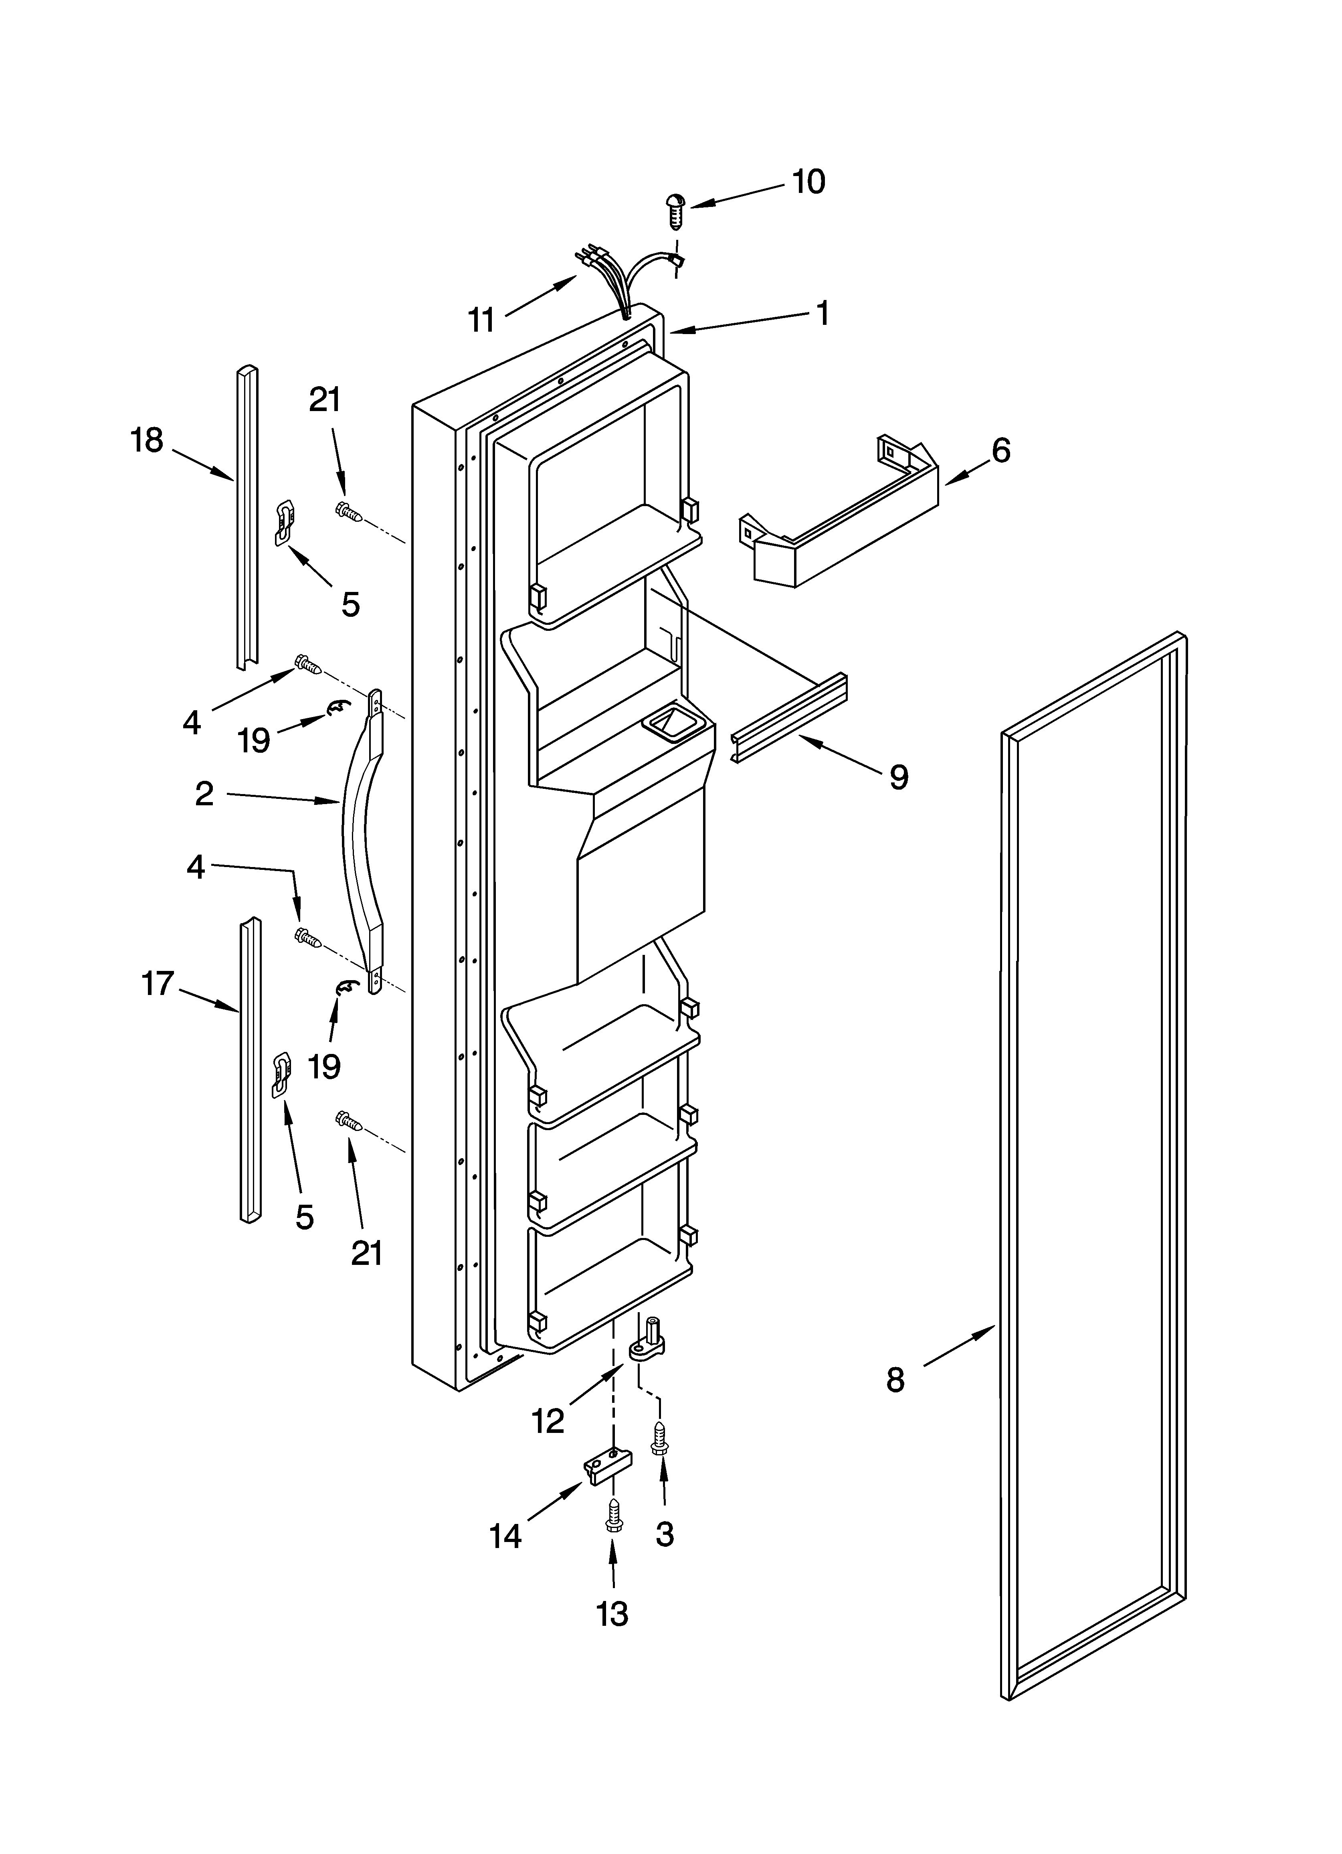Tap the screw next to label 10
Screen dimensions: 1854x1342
(676, 210)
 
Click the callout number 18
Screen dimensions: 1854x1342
(147, 441)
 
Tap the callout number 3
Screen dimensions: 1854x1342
(665, 1534)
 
